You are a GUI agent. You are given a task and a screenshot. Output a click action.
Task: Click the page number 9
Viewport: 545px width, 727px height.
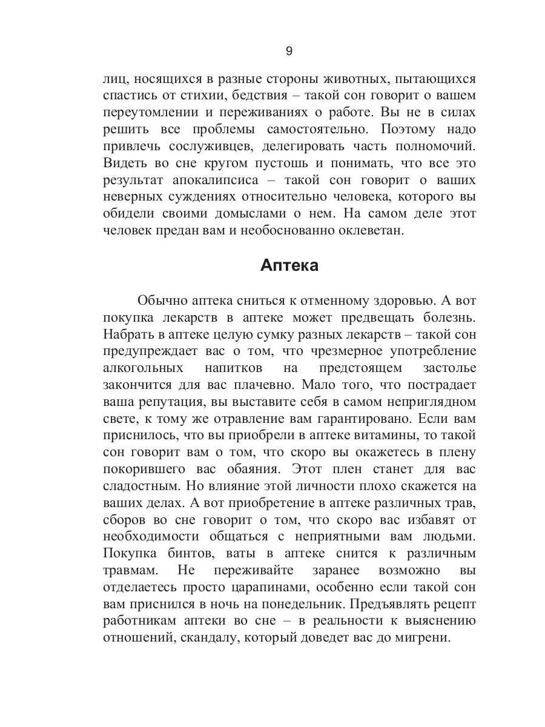click(288, 51)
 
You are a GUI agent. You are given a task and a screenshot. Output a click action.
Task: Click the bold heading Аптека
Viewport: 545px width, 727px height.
click(289, 265)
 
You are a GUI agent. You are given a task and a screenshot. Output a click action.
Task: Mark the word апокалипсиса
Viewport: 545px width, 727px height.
click(215, 181)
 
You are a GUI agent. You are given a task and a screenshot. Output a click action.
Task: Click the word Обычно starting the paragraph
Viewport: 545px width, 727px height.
click(162, 300)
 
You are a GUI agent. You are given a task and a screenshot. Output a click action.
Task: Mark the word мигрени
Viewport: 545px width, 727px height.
click(428, 638)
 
